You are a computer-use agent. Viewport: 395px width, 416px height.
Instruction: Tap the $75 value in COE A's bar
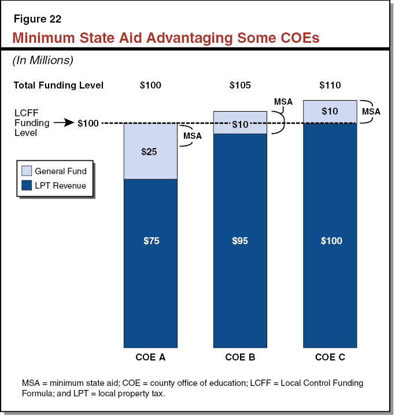point(150,241)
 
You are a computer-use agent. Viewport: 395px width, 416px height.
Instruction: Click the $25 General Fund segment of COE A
point(150,152)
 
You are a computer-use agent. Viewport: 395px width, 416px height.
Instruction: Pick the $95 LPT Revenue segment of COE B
point(240,241)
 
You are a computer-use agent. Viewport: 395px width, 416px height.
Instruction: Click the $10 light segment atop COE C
point(330,111)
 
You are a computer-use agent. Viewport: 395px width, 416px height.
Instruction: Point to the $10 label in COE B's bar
point(240,124)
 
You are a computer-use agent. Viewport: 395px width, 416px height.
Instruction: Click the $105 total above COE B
point(240,86)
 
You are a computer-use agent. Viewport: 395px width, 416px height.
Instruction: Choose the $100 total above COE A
point(150,86)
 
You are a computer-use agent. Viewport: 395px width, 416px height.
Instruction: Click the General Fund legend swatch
point(27,171)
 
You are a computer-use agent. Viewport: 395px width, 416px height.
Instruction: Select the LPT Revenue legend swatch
point(27,186)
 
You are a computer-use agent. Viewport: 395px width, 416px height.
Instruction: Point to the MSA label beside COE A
point(193,136)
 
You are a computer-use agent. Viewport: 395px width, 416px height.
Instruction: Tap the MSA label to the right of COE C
point(371,111)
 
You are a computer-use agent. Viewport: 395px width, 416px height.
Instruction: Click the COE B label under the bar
point(240,358)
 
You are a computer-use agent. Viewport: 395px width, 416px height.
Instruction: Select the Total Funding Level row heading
point(58,86)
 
